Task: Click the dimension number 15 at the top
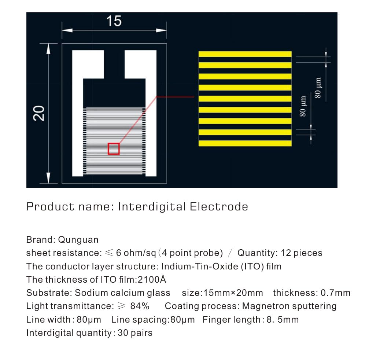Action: (x=114, y=21)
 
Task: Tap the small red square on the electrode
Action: (x=114, y=148)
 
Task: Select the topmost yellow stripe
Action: (x=245, y=54)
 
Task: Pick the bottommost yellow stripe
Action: (x=245, y=143)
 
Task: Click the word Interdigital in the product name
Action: (x=152, y=207)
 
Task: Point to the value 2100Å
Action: (x=152, y=280)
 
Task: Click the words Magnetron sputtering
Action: (x=289, y=306)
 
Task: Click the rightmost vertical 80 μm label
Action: (x=318, y=87)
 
